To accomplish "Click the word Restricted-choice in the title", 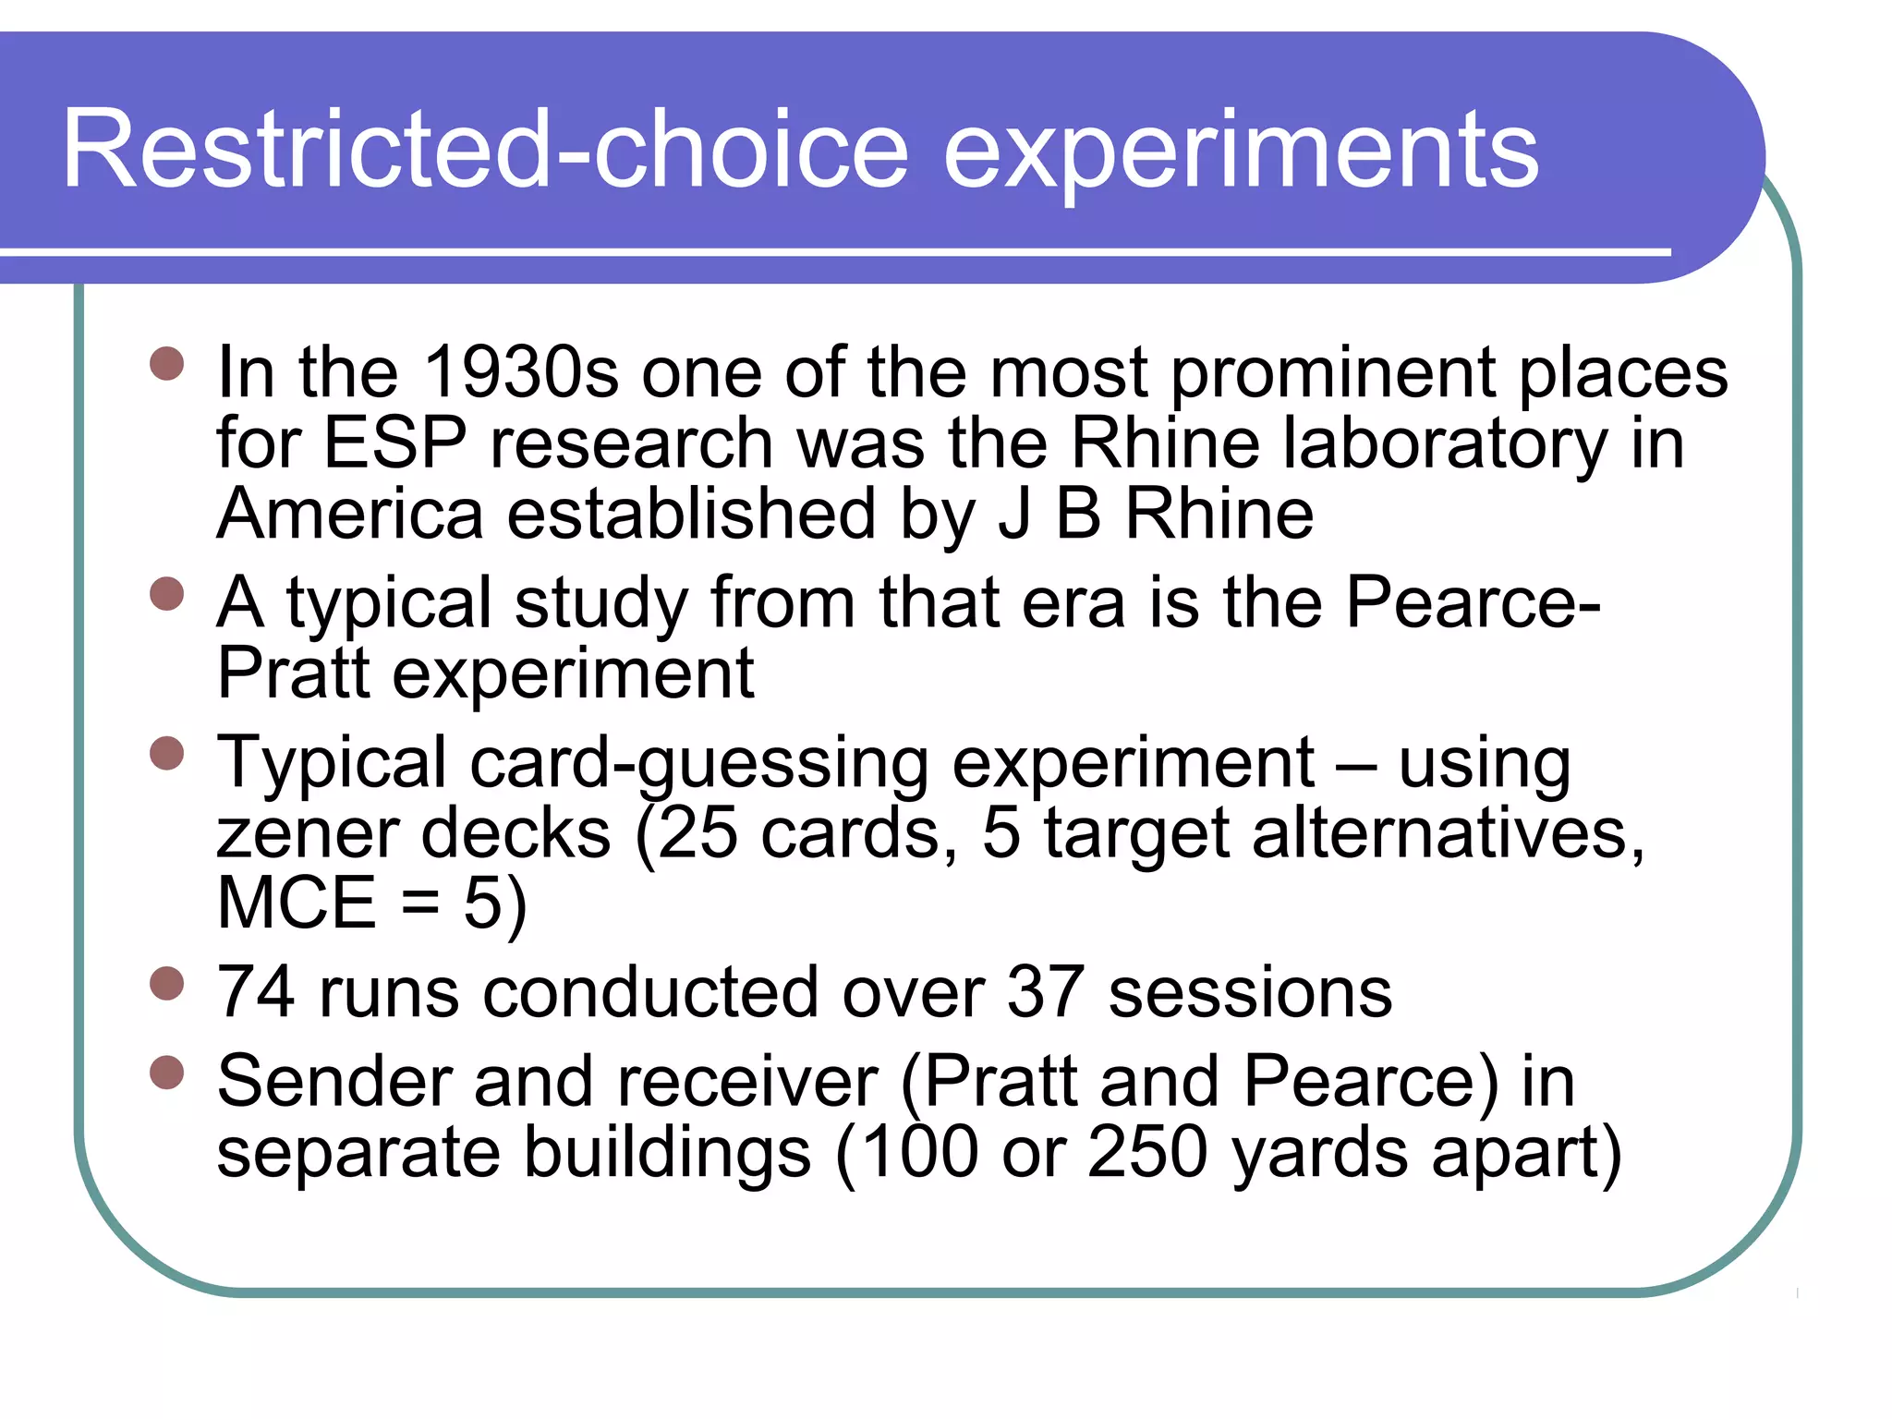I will click(x=486, y=150).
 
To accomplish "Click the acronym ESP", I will click(x=394, y=443).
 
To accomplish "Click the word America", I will click(x=350, y=515).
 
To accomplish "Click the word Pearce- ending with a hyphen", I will click(x=1473, y=602).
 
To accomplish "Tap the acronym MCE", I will click(x=297, y=904).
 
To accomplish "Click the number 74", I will click(x=255, y=993).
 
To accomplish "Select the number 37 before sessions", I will click(x=1045, y=993).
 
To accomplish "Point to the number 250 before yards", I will click(x=1147, y=1152).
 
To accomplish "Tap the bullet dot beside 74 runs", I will click(x=167, y=984).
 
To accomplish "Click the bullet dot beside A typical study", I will click(x=167, y=594).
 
